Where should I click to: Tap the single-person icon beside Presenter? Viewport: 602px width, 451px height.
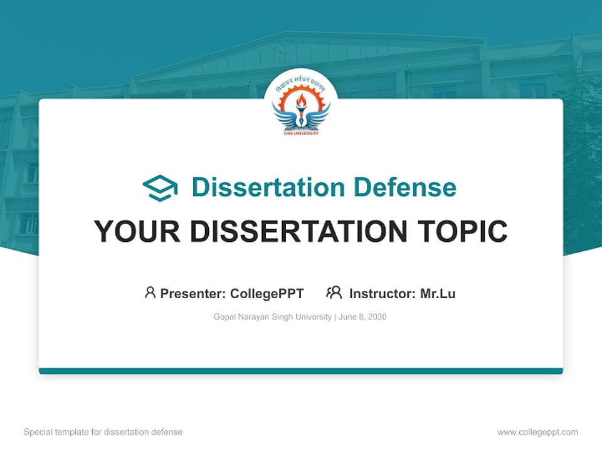coord(150,293)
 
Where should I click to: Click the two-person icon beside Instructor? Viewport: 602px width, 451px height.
coord(334,293)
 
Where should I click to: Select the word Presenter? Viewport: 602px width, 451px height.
coord(193,294)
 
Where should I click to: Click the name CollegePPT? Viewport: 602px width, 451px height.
coord(267,294)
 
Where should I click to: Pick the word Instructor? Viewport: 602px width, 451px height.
coord(382,294)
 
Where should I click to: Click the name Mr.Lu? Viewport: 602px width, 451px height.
coord(438,294)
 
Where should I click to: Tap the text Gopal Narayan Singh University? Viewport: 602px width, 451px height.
coord(272,317)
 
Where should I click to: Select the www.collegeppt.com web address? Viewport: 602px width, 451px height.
coord(537,432)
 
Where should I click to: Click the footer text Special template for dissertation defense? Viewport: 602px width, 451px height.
coord(103,432)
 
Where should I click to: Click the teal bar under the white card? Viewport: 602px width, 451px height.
coord(300,371)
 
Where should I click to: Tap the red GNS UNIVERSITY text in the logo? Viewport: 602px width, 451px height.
coord(300,133)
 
